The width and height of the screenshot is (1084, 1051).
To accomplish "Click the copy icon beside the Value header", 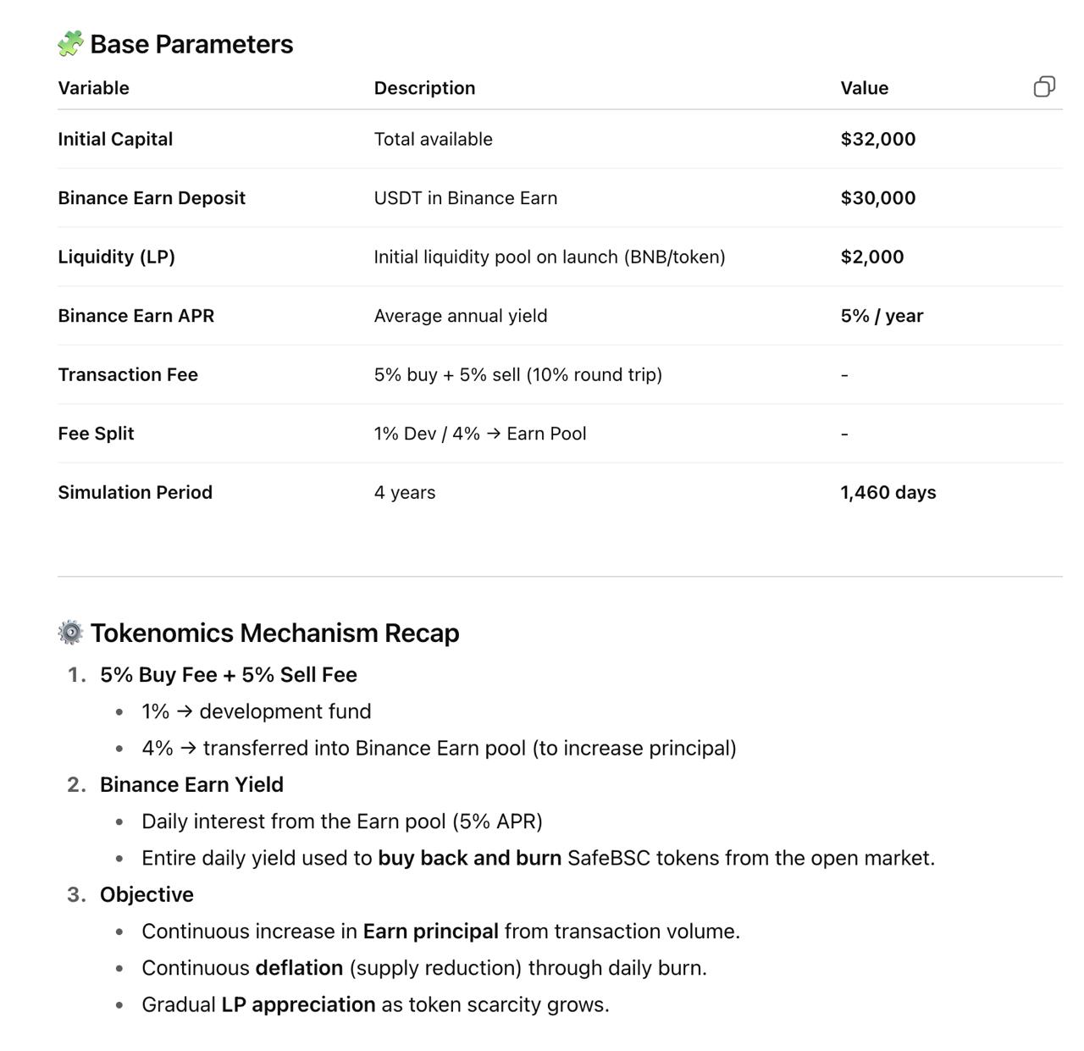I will click(1044, 86).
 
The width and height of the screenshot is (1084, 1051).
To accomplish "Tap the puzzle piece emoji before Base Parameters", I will click(70, 43).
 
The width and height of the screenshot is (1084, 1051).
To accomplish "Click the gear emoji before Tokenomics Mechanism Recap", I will click(70, 632).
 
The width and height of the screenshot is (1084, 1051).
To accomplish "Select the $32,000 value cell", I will click(877, 139).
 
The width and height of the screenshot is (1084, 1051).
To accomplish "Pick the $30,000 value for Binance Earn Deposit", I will click(877, 198).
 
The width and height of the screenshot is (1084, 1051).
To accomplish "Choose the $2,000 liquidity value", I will click(871, 257).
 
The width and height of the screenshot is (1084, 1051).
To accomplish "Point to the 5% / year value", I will click(881, 316).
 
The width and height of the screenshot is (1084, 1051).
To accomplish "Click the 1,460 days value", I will click(888, 492).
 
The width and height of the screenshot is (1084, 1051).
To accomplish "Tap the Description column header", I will click(424, 88).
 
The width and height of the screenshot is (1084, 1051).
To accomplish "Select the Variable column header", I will click(93, 88).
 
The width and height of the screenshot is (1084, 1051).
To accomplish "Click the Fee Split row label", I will click(96, 434).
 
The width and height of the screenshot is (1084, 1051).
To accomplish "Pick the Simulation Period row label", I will click(135, 492).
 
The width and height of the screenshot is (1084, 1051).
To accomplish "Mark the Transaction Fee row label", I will click(127, 374).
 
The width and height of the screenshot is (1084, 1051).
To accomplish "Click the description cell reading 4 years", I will click(404, 492).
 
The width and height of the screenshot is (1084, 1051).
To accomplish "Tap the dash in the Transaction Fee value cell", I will click(844, 375).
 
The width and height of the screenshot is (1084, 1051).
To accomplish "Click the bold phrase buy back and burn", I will click(469, 858).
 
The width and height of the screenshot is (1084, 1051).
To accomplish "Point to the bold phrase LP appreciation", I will click(298, 1004).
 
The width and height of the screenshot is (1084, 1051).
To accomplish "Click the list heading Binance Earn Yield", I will click(191, 784).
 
